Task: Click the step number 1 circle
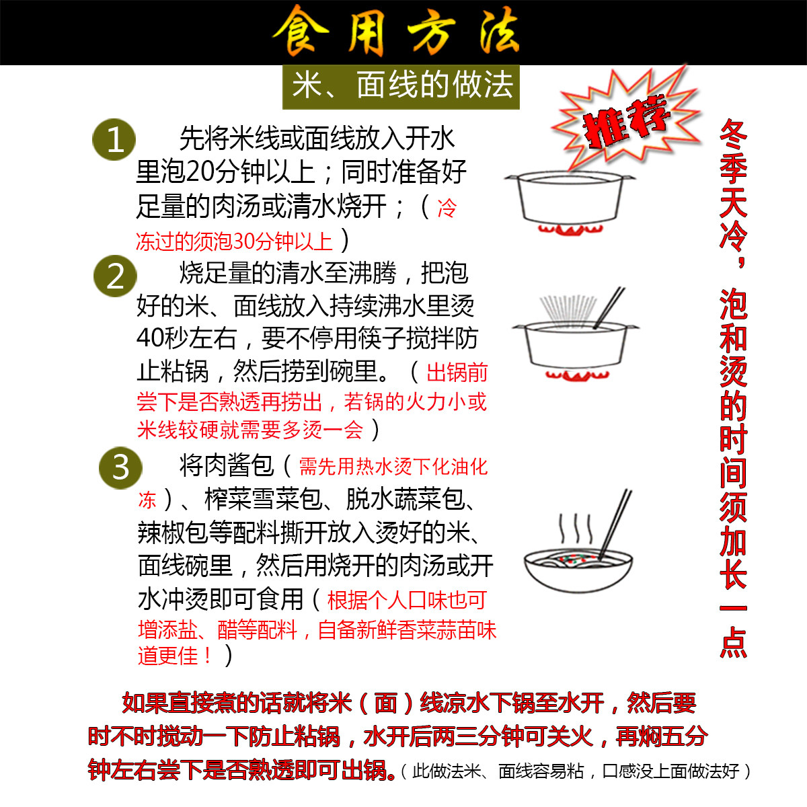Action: point(114,140)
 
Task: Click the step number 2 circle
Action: point(115,276)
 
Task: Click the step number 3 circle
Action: point(120,467)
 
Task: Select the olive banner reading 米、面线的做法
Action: point(401,87)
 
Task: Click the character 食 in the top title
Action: point(300,32)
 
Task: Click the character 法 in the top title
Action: point(499,32)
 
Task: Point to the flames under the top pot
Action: point(570,231)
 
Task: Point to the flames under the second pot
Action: point(577,375)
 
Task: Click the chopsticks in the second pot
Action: point(609,308)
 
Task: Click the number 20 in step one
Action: point(200,172)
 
